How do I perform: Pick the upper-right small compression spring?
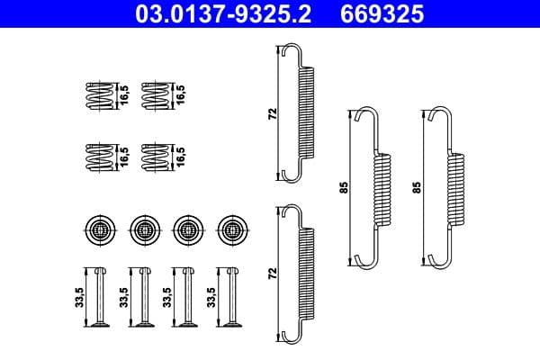click(155, 95)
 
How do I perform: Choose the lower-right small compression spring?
click(155, 157)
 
